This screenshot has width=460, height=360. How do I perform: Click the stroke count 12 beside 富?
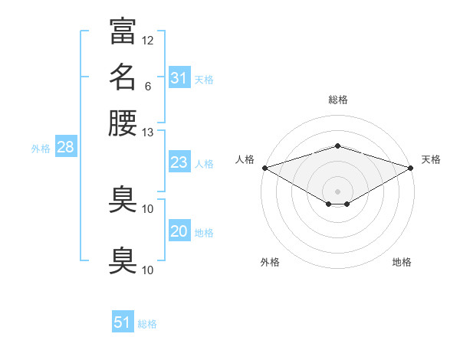click(148, 40)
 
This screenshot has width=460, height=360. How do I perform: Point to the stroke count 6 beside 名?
click(147, 85)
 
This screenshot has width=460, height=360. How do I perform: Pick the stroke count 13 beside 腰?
click(148, 132)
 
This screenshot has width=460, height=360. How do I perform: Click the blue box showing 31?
click(179, 78)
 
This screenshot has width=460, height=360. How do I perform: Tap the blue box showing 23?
click(179, 162)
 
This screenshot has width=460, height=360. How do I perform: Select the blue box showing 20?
click(179, 231)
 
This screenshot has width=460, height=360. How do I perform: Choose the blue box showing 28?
click(65, 148)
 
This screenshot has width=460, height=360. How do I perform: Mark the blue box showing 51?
click(123, 322)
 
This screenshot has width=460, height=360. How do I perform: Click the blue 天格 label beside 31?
click(204, 79)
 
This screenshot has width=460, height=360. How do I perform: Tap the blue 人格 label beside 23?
click(204, 163)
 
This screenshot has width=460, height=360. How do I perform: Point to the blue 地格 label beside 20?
click(204, 232)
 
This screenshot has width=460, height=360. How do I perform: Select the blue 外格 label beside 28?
click(41, 149)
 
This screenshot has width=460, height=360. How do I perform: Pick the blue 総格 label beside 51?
click(147, 323)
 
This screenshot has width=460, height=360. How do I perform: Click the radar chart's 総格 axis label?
click(337, 99)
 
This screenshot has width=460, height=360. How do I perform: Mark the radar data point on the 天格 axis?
click(412, 167)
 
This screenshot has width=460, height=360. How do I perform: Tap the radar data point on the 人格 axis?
click(264, 167)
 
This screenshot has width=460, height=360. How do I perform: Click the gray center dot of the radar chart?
click(337, 191)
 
